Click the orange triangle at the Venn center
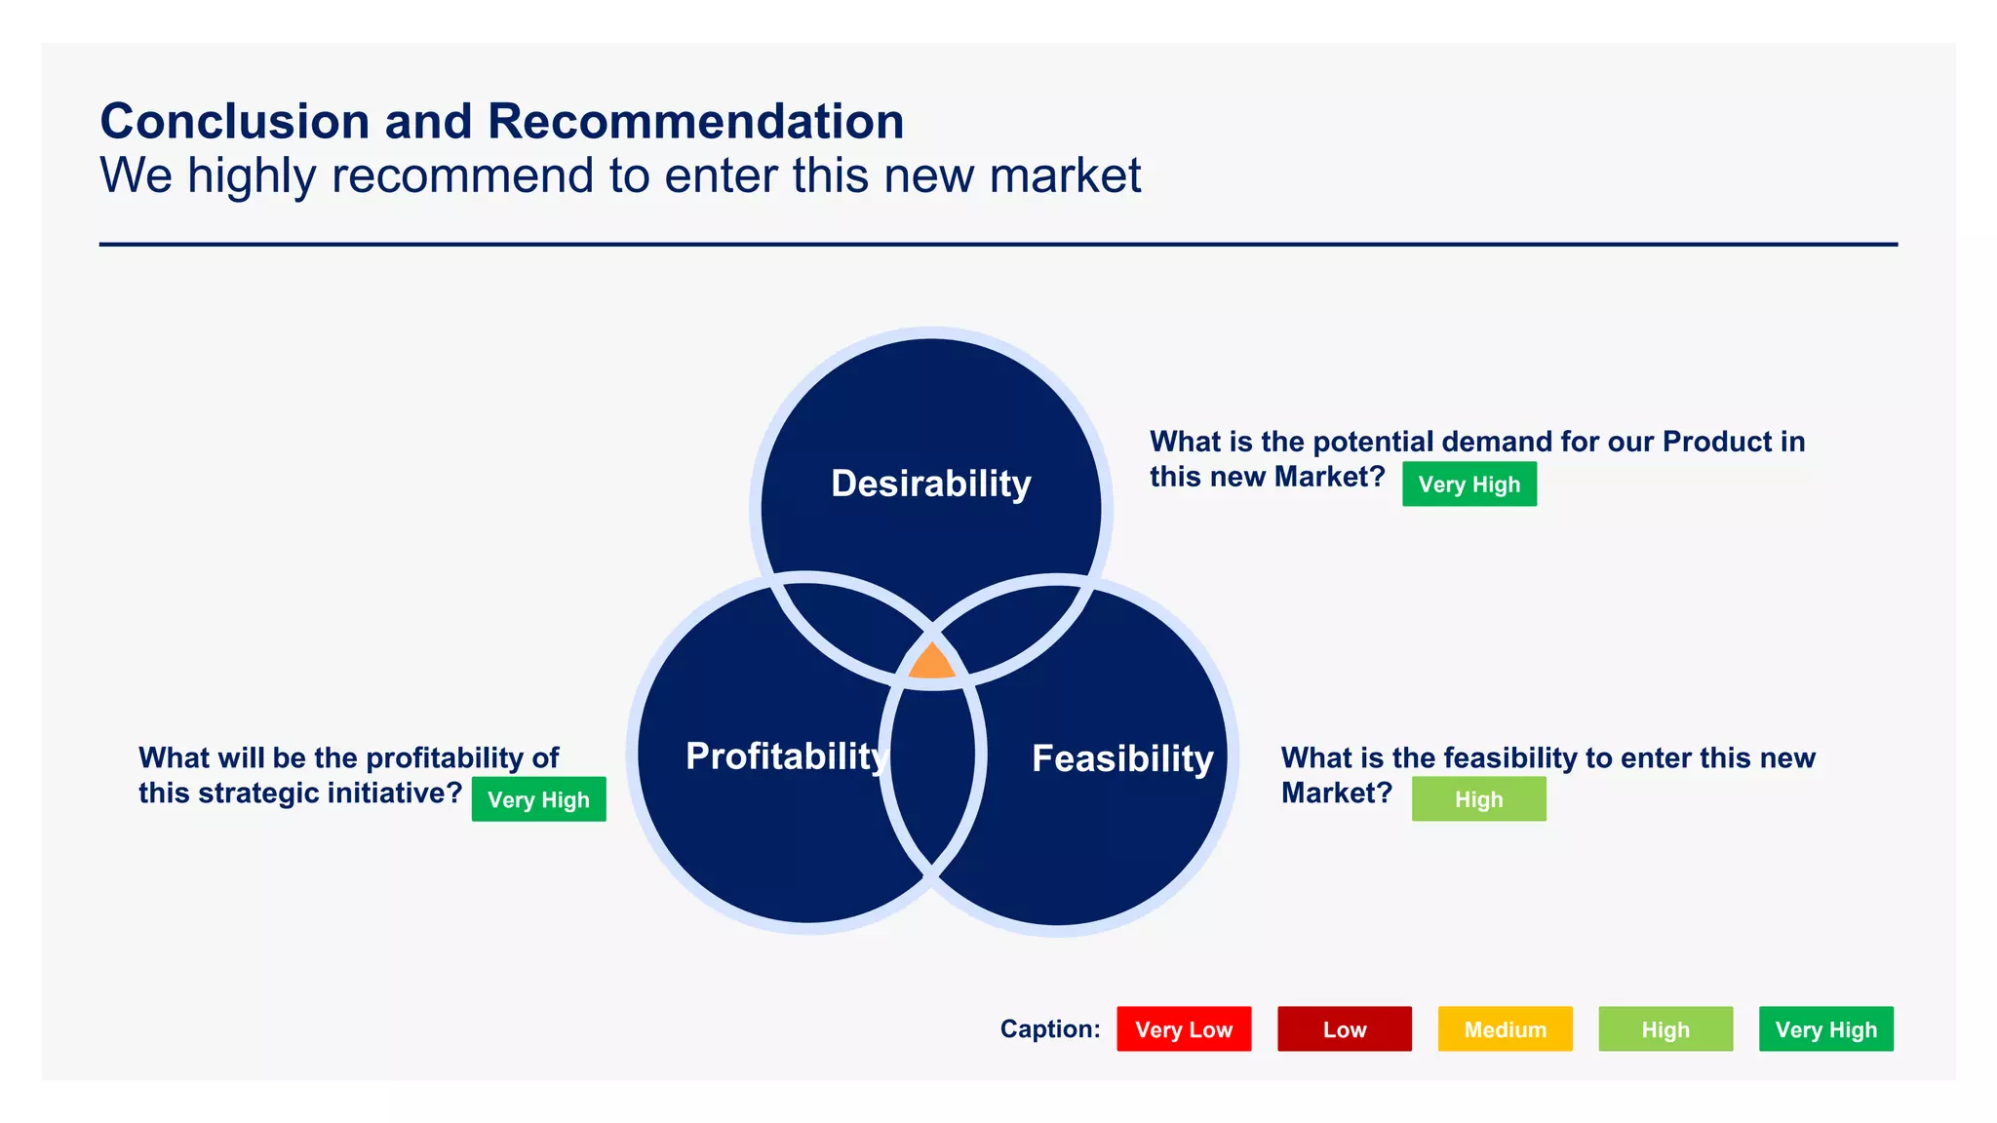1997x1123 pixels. [931, 664]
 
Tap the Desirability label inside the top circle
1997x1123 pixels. [930, 484]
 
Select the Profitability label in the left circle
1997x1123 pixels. [786, 756]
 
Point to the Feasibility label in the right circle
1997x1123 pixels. [1122, 758]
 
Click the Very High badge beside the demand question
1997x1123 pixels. [1468, 484]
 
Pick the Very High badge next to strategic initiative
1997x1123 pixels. [538, 799]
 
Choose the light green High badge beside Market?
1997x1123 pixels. [1478, 799]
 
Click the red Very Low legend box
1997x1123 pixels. [1183, 1029]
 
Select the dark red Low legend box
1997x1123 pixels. [1344, 1029]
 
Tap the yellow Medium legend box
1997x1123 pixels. [1505, 1029]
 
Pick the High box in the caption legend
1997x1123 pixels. [1664, 1029]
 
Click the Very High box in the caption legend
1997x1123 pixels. [1825, 1029]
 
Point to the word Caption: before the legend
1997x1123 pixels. [1049, 1029]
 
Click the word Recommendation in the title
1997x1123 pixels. [695, 122]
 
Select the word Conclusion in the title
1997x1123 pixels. [234, 122]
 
